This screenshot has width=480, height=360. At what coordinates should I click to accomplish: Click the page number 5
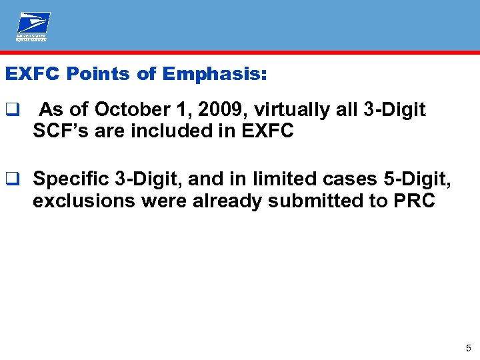(469, 348)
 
